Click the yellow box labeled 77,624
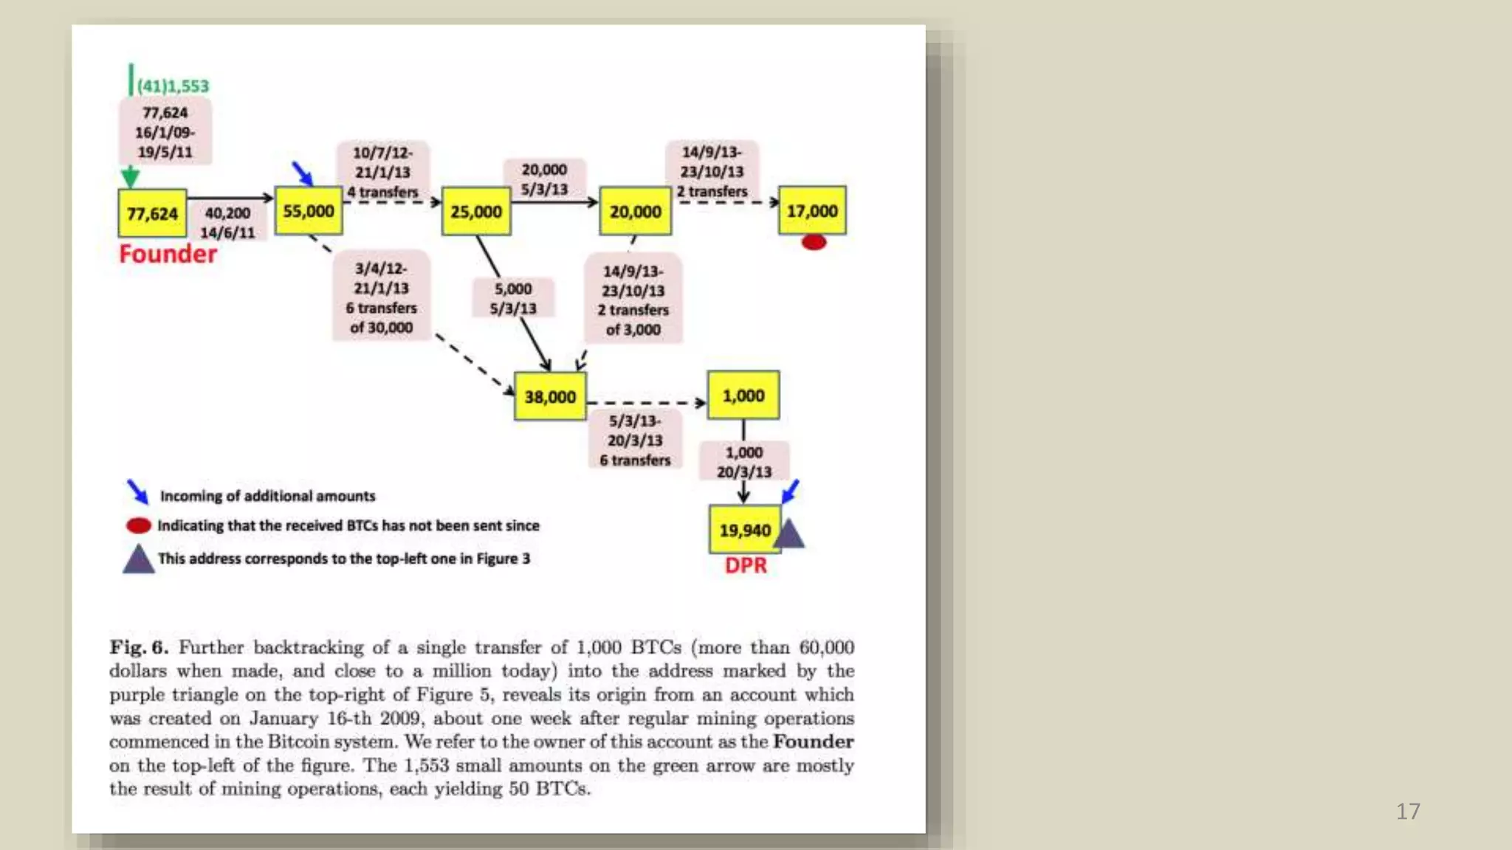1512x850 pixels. (152, 213)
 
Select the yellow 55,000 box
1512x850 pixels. (309, 211)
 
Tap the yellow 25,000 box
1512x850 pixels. (476, 212)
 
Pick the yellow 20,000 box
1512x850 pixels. (635, 212)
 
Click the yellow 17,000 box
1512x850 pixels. (812, 211)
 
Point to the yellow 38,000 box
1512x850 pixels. (550, 397)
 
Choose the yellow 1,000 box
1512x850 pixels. (743, 395)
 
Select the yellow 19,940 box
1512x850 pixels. (745, 530)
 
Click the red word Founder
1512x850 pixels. (168, 254)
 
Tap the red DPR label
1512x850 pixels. (746, 565)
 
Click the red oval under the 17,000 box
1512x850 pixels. (814, 242)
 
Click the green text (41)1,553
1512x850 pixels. (173, 86)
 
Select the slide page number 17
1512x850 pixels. (1408, 812)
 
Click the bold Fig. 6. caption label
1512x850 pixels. (139, 647)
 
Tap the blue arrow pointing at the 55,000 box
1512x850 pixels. (302, 173)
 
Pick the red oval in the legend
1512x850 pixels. (139, 525)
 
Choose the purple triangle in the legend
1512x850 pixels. (138, 560)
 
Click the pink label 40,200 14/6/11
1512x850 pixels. (227, 223)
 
